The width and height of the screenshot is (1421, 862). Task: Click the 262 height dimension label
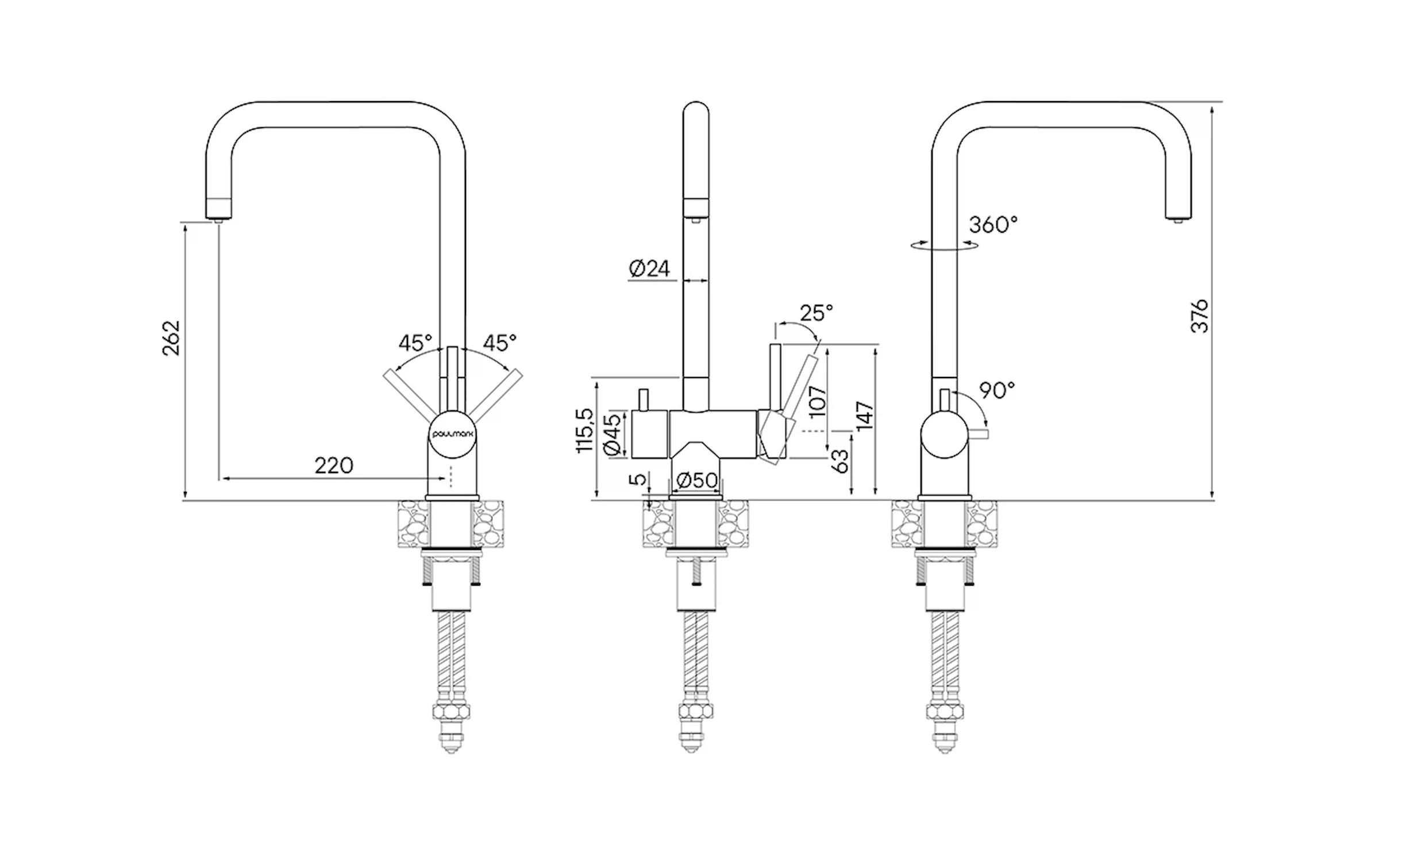(171, 338)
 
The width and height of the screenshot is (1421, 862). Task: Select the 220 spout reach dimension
(333, 465)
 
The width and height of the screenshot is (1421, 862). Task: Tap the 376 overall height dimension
(1200, 315)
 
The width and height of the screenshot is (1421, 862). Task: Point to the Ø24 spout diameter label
(649, 268)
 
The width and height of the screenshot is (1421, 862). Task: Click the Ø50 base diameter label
(696, 480)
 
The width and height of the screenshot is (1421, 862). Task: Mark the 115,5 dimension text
(585, 430)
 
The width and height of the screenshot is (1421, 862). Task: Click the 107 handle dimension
(817, 402)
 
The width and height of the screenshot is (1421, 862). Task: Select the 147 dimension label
(865, 416)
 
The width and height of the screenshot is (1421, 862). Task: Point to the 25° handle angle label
(816, 313)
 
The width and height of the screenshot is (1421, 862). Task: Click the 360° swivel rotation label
(993, 224)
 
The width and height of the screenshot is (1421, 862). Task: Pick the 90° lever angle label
(997, 390)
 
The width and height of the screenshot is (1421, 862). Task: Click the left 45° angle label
(415, 343)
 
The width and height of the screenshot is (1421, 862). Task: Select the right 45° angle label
(499, 343)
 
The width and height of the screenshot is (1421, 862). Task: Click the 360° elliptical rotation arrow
(944, 245)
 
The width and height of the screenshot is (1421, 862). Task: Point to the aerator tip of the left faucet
(218, 219)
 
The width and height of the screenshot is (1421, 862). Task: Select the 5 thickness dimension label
(638, 479)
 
